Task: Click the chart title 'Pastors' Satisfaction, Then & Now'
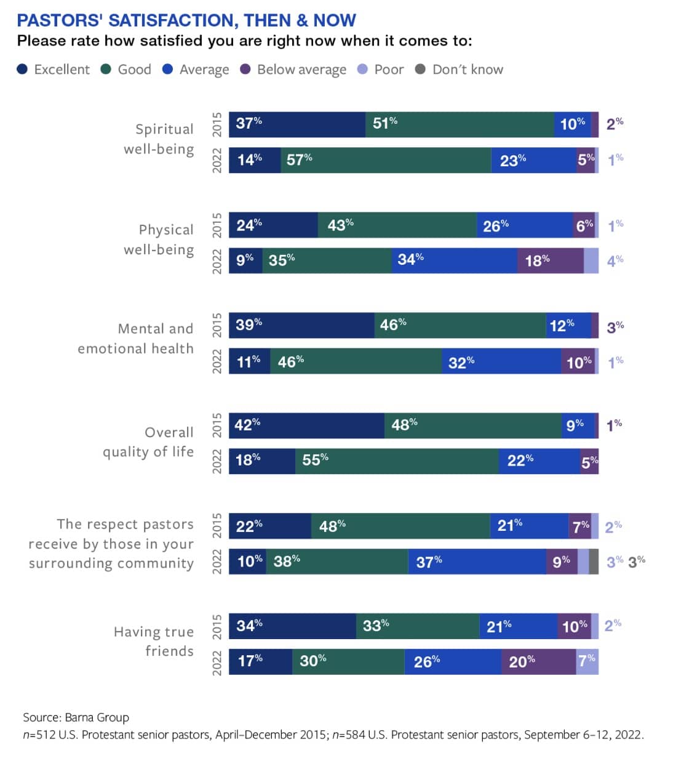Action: (x=186, y=20)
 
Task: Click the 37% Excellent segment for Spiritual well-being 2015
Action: (x=297, y=124)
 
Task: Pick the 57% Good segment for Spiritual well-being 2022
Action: (x=386, y=160)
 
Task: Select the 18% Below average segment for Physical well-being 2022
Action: (x=550, y=260)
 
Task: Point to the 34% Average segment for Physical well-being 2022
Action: (x=454, y=260)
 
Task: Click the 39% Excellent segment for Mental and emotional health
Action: (x=301, y=325)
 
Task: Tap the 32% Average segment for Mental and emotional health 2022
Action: (x=501, y=361)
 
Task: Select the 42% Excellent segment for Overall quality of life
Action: (x=306, y=425)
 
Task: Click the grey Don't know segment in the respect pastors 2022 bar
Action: (x=594, y=562)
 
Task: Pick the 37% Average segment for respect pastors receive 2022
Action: (x=477, y=562)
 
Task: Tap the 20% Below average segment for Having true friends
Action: (x=539, y=662)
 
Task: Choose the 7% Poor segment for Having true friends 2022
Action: (x=587, y=662)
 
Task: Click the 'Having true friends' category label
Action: (x=154, y=641)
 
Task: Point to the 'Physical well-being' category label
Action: (x=159, y=240)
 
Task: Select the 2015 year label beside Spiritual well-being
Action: (x=217, y=124)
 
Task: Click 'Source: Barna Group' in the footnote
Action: (x=76, y=717)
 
